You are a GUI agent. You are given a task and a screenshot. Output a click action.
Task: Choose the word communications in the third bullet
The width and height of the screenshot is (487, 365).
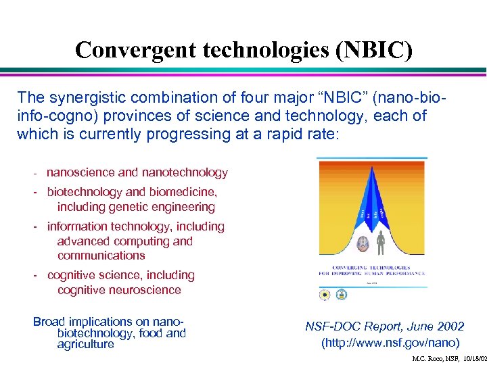[x=101, y=255]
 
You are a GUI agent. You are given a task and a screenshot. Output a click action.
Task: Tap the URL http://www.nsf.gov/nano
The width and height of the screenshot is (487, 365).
[x=390, y=342]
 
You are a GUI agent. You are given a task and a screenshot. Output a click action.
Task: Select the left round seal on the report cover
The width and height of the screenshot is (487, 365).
[x=325, y=295]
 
